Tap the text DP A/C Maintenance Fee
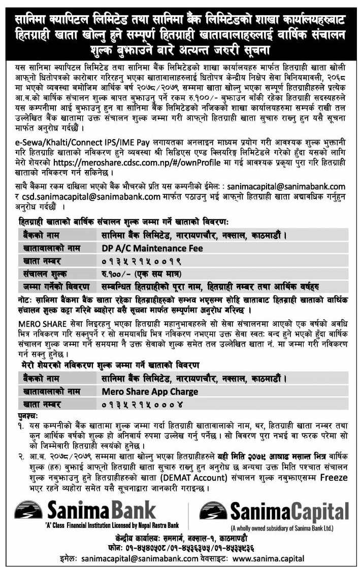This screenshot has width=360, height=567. click(152, 248)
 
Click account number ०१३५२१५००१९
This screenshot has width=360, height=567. click(139, 260)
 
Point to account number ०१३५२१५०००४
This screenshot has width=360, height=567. click(139, 404)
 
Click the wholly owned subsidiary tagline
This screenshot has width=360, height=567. click(282, 528)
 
